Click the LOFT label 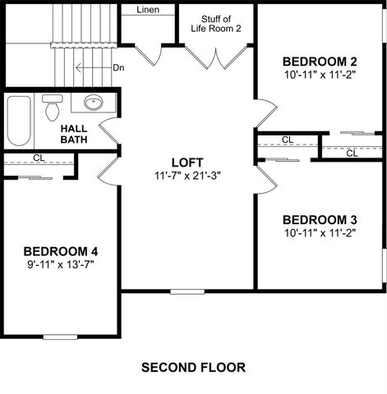[x=187, y=163]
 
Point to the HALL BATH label [x=75, y=134]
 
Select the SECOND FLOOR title [x=193, y=366]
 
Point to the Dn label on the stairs [x=117, y=68]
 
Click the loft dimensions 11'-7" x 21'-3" [x=187, y=176]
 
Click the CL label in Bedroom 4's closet [x=39, y=158]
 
